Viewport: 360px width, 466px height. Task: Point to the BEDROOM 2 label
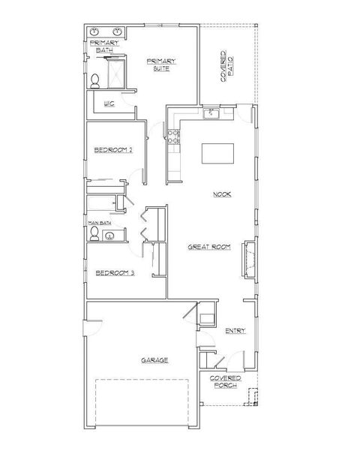coord(113,150)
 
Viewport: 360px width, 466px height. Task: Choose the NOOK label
coord(221,194)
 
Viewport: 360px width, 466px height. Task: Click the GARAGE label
coord(154,360)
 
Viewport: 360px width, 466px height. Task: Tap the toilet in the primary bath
coord(95,80)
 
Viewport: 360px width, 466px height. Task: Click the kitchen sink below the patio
coord(212,113)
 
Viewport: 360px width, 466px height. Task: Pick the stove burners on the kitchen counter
coord(172,137)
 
